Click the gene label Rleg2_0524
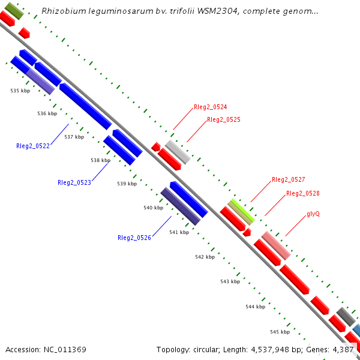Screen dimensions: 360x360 point(210,107)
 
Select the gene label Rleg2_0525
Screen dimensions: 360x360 point(223,120)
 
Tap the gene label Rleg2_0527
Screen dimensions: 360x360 point(288,179)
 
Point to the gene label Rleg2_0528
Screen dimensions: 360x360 point(302,193)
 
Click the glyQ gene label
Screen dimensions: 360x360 point(313,214)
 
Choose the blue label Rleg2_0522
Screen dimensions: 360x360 point(33,146)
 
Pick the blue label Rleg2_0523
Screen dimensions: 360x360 point(74,182)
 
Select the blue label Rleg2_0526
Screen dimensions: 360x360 point(134,238)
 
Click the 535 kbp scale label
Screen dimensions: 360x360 point(20,91)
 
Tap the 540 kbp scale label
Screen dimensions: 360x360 point(153,208)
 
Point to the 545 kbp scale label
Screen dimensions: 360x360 point(280,332)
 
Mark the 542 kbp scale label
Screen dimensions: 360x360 point(205,257)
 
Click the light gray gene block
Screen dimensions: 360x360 point(178,152)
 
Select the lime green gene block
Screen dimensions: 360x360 point(241,211)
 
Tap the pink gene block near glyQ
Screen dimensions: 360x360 point(276,245)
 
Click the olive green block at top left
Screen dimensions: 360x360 point(10,10)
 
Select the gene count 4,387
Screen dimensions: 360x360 point(344,349)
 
